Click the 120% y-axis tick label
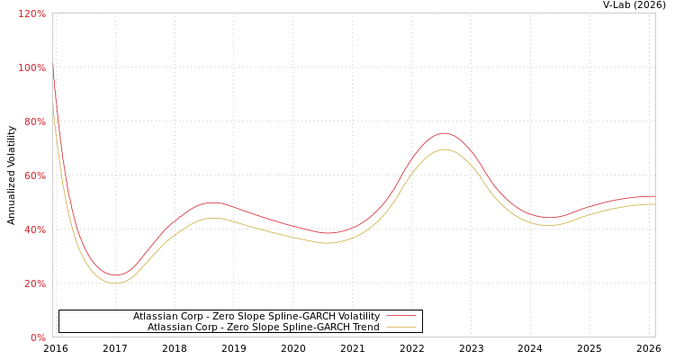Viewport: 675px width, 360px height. point(32,13)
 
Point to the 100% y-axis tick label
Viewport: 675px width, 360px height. point(32,67)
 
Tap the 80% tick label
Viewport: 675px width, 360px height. point(34,121)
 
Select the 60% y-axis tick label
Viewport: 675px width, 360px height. point(34,175)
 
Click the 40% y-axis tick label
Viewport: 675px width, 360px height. point(34,229)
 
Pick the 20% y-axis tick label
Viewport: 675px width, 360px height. point(34,283)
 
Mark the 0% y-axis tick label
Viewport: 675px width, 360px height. point(38,337)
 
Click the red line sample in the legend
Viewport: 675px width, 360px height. point(400,316)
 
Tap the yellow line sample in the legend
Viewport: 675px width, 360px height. point(400,327)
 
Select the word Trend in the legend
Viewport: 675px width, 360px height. point(363,327)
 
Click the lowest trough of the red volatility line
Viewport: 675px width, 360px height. point(114,275)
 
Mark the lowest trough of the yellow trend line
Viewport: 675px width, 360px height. point(114,283)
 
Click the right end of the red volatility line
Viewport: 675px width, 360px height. point(654,196)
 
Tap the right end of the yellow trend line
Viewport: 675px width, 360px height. point(654,204)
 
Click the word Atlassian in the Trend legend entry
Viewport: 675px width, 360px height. point(171,327)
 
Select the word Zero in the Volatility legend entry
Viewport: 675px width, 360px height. point(224,316)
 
